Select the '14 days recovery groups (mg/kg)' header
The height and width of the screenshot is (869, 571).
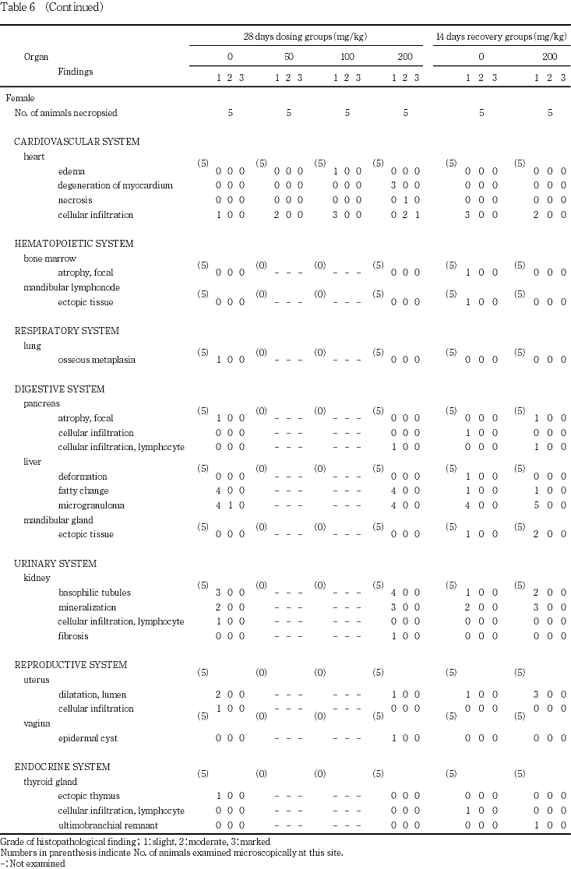[x=501, y=37]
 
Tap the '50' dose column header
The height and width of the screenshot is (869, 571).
[x=288, y=57]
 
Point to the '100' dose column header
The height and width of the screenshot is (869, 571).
[x=347, y=57]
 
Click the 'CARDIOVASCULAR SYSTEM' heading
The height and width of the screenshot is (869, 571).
[x=77, y=142]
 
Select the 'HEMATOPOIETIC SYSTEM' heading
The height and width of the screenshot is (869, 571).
[x=74, y=244]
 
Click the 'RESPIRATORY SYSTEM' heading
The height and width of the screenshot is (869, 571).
[x=68, y=331]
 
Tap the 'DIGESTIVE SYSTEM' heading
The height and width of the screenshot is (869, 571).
[x=60, y=389]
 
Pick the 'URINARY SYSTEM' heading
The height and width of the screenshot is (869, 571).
[x=55, y=564]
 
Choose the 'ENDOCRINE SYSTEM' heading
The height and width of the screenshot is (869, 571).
[x=62, y=767]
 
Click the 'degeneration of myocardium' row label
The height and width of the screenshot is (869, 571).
[x=115, y=185]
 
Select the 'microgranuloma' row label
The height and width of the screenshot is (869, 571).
[x=87, y=505]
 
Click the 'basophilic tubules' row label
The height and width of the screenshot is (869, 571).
[x=94, y=593]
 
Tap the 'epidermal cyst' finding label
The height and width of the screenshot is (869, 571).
[x=87, y=738]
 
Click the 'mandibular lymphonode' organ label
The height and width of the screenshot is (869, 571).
[x=72, y=287]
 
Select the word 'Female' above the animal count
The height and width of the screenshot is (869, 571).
[x=20, y=99]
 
